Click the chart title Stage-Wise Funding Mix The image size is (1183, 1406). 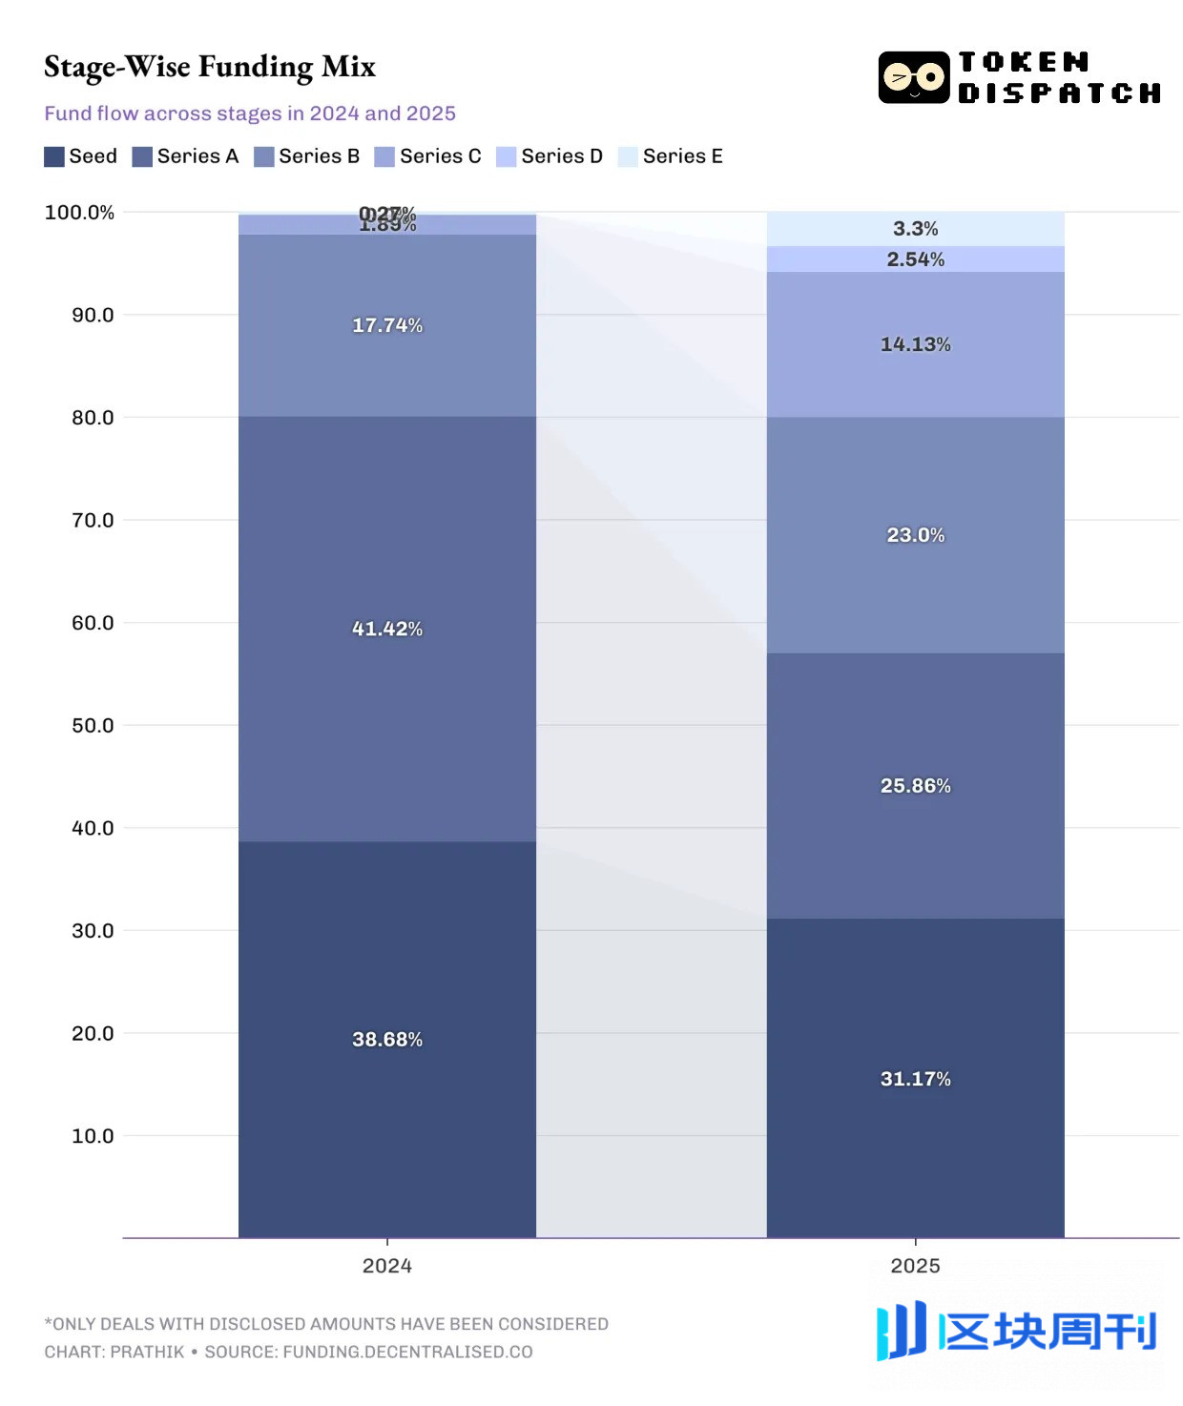coord(210,66)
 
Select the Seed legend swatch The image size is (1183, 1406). coord(54,156)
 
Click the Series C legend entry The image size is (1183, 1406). coord(428,156)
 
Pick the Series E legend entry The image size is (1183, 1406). coord(671,156)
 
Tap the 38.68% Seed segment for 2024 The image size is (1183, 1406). coord(386,1039)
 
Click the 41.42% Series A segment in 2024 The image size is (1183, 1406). coord(386,629)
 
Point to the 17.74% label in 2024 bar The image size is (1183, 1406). coord(386,325)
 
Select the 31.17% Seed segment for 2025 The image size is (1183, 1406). coord(915,1078)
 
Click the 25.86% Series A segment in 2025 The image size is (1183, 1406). coord(915,785)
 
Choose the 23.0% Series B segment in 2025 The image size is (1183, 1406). coord(915,534)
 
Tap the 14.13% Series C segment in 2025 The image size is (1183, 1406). coord(915,344)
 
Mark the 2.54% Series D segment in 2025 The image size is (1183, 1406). coord(915,259)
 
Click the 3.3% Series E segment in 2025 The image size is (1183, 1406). coord(915,229)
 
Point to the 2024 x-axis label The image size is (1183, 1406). coord(386,1266)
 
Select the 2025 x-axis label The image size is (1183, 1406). coord(915,1266)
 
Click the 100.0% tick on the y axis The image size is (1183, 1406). coord(79,212)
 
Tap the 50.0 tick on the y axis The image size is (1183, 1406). coord(93,725)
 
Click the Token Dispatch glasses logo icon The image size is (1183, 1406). coord(913,77)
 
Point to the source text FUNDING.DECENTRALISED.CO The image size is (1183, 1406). coord(407,1352)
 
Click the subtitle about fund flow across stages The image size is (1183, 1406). coord(250,114)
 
